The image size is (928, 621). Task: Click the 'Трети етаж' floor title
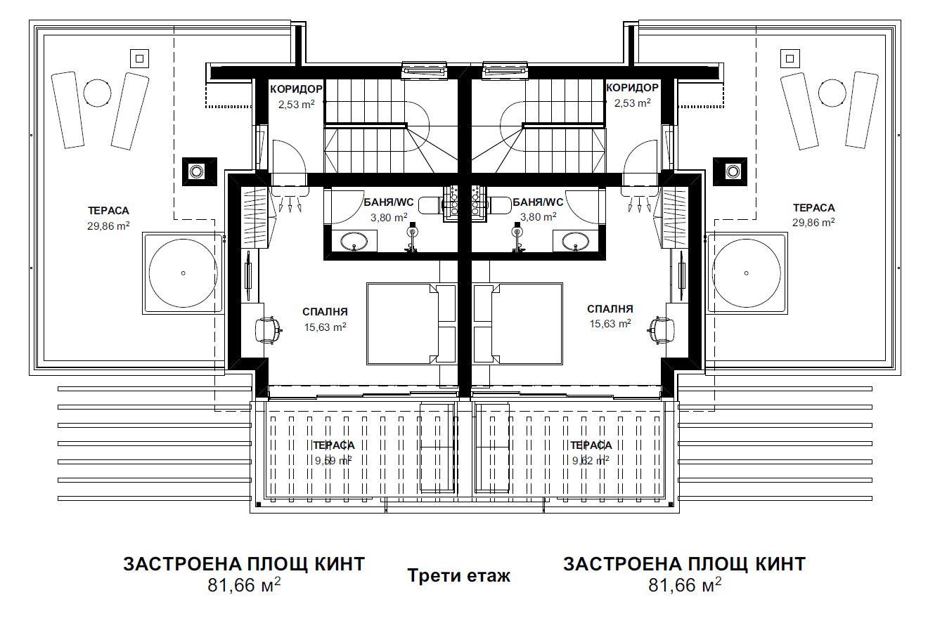click(458, 576)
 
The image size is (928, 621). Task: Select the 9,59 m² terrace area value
click(333, 461)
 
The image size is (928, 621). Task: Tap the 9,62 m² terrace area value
click(590, 461)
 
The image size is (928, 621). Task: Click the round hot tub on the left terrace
click(183, 273)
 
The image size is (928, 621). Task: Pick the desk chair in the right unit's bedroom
click(661, 329)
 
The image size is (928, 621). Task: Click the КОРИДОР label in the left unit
click(296, 89)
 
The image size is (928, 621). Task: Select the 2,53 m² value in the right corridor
click(631, 103)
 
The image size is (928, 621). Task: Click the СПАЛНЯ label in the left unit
click(325, 312)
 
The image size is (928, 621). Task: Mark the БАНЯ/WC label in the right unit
click(538, 202)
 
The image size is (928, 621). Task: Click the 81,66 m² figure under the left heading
click(244, 584)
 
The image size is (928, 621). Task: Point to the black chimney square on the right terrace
click(732, 171)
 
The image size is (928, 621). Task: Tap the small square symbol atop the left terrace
click(139, 58)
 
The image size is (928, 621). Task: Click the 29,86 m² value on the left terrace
click(108, 225)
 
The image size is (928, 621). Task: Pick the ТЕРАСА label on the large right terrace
click(813, 208)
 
